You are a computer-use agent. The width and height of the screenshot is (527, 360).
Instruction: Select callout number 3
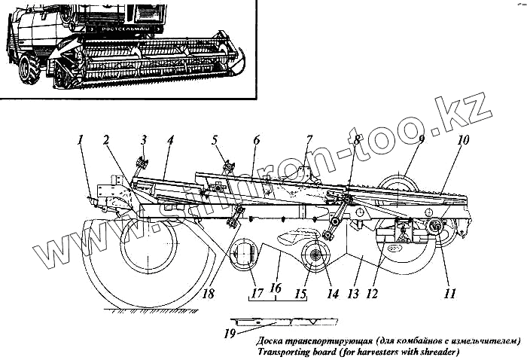coord(144,139)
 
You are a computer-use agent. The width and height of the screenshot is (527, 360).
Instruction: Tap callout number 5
coord(215,139)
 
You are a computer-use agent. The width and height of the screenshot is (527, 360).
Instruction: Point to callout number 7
coord(308,140)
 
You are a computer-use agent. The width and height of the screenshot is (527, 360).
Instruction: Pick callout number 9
coord(421,140)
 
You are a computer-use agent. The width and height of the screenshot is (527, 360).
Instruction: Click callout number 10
coord(463,141)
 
